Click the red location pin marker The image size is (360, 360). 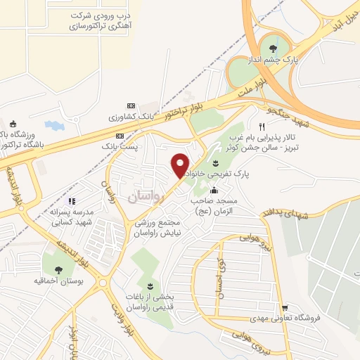click(180, 165)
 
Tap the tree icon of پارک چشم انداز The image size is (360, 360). click(273, 49)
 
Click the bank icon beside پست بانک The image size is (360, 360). click(120, 134)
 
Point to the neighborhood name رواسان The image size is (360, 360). click(146, 198)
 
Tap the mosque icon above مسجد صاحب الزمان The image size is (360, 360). click(214, 190)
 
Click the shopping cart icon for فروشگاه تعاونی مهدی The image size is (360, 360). click(285, 308)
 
